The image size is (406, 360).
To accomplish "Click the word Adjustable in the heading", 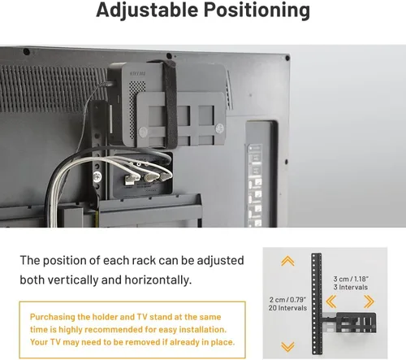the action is click(x=147, y=11).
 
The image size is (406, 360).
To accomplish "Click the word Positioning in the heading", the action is click(x=257, y=11).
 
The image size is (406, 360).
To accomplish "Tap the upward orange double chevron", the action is click(x=287, y=261).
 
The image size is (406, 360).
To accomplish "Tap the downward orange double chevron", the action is click(x=287, y=346).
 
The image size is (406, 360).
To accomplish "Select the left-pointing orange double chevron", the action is click(x=331, y=301).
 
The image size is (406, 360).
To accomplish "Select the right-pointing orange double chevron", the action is click(x=369, y=301).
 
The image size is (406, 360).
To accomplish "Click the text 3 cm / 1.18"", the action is click(x=351, y=279).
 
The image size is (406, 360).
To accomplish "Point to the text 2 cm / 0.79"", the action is click(x=287, y=300).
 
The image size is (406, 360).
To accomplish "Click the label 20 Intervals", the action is click(x=287, y=308).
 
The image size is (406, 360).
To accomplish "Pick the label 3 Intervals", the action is click(x=351, y=287).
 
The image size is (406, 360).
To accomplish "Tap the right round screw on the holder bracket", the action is click(x=219, y=128).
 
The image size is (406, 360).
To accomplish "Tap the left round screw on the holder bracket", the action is click(x=143, y=132).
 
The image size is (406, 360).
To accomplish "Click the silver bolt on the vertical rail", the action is click(x=97, y=177).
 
